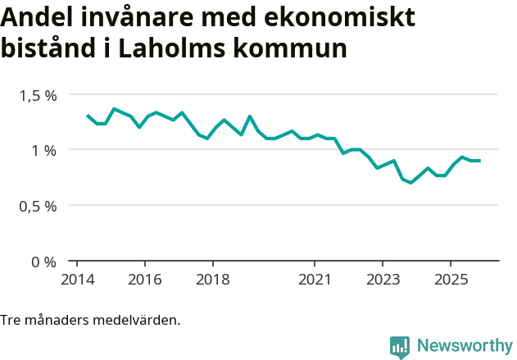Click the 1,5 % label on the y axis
39,95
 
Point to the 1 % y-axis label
44,150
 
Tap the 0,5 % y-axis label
39,206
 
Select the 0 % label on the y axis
44,262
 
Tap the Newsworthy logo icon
400,347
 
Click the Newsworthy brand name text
464,346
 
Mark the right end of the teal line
479,161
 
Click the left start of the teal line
88,116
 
